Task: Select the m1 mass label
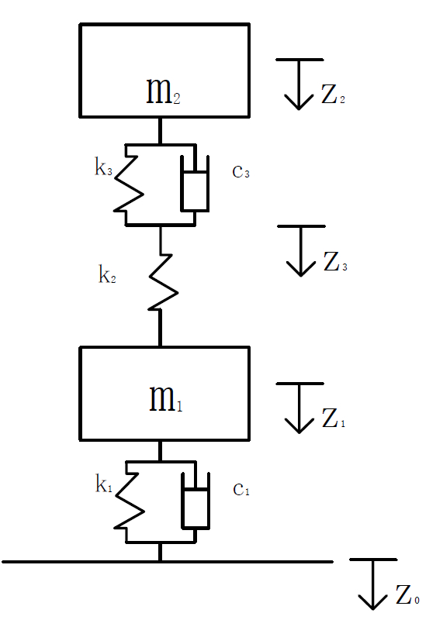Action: tap(165, 398)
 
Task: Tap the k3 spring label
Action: tap(103, 167)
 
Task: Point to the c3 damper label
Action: tap(241, 172)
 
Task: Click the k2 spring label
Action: tap(107, 274)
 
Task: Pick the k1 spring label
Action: tap(104, 483)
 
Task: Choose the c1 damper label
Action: tap(241, 490)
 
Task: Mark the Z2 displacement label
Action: tap(333, 94)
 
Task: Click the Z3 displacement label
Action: tap(335, 261)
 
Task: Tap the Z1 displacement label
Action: tap(334, 418)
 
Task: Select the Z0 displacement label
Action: tap(407, 594)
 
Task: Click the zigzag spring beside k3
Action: tap(128, 184)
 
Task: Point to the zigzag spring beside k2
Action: tap(163, 281)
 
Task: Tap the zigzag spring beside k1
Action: tap(129, 501)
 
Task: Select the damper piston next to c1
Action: tap(196, 501)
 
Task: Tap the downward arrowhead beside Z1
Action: tap(299, 425)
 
